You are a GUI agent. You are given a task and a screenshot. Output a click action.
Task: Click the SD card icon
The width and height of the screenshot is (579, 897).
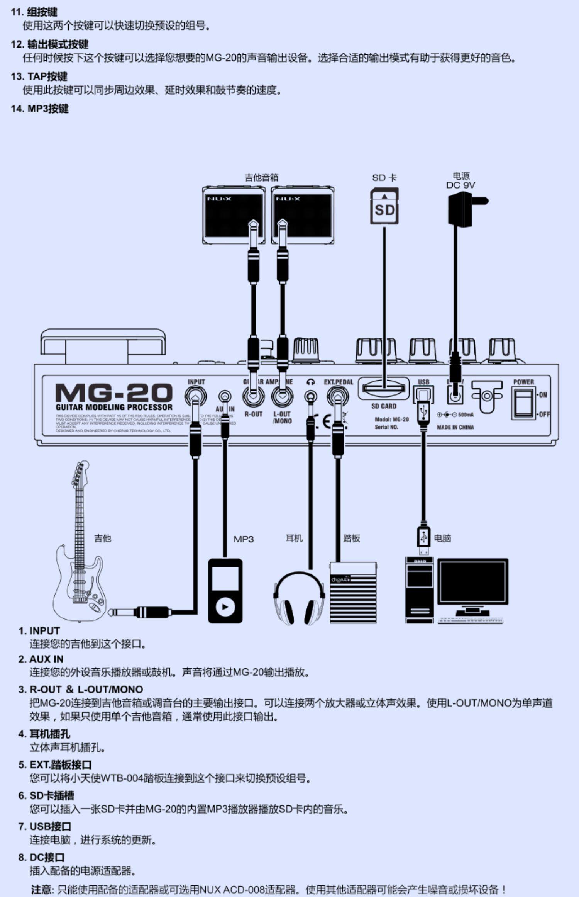click(384, 206)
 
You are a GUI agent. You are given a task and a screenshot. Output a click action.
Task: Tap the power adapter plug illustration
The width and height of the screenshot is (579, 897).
click(462, 210)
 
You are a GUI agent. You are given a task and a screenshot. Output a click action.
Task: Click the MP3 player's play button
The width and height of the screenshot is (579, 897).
click(225, 607)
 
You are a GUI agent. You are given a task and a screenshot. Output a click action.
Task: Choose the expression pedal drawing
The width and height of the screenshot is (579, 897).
click(353, 593)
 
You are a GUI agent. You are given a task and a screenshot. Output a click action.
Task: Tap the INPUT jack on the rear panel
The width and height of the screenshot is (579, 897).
click(196, 396)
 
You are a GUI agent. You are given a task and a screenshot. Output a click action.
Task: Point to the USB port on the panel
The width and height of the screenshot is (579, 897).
click(423, 395)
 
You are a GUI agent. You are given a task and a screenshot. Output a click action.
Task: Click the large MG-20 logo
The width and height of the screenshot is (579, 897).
click(114, 393)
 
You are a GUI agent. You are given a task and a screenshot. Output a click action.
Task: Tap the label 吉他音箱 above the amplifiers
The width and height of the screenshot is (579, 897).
click(261, 177)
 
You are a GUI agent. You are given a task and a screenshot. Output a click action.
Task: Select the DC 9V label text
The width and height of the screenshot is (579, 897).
click(460, 185)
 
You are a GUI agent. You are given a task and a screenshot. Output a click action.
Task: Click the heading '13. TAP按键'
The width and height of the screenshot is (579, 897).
click(39, 76)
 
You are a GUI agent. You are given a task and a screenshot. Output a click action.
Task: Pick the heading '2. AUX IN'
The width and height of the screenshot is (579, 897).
click(41, 659)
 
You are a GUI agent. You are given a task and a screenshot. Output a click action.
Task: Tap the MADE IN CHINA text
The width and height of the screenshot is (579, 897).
click(455, 427)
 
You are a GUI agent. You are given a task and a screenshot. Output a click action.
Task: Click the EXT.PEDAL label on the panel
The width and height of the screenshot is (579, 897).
click(339, 382)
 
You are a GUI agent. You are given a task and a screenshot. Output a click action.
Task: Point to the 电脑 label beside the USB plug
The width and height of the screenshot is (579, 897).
click(442, 538)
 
